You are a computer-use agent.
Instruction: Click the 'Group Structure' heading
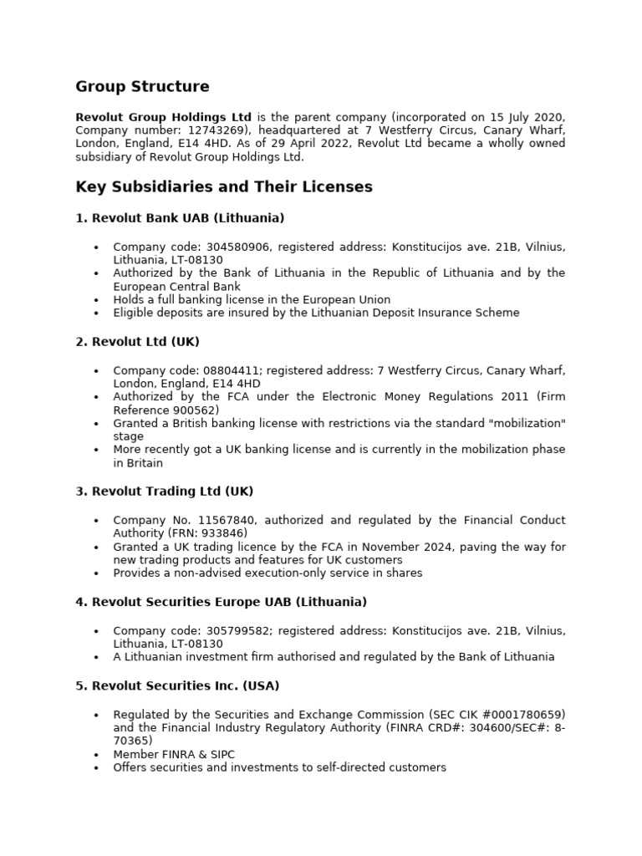(x=142, y=87)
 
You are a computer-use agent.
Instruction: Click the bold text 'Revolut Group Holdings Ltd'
(x=164, y=117)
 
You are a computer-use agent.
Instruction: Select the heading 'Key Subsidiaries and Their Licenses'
(x=224, y=187)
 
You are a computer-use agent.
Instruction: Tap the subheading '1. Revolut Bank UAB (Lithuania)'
(x=180, y=218)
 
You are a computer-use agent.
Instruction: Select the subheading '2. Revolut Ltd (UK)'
(x=137, y=342)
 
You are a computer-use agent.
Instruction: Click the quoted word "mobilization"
(x=524, y=423)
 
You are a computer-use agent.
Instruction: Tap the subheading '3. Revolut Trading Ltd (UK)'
(x=164, y=491)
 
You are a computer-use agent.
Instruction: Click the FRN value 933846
(x=223, y=533)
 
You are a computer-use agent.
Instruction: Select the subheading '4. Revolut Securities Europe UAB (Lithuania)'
(x=222, y=602)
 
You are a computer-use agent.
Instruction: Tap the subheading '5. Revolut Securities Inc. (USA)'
(x=177, y=685)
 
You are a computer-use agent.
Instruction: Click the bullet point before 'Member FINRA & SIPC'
(x=97, y=755)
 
